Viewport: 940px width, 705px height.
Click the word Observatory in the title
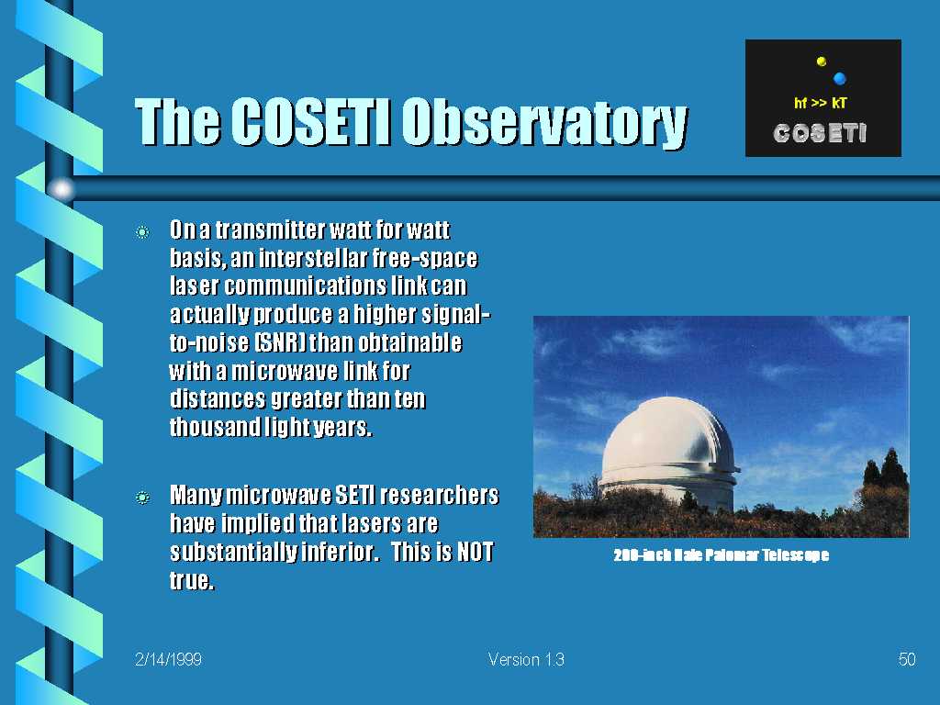pos(544,122)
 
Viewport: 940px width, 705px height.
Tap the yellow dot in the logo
pos(822,62)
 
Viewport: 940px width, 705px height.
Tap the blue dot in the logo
pos(839,78)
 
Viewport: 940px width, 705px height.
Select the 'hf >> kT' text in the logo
pos(820,103)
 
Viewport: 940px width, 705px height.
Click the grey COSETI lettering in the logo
pos(820,133)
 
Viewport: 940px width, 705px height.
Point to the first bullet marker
pos(142,232)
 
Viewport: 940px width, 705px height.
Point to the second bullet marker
pos(142,497)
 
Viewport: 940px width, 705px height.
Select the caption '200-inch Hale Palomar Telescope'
pos(722,555)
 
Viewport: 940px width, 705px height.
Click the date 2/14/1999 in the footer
pos(169,659)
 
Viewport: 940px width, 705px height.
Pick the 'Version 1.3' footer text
pos(526,659)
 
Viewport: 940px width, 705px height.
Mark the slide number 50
pos(907,659)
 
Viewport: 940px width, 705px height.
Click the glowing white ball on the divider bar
pos(62,189)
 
